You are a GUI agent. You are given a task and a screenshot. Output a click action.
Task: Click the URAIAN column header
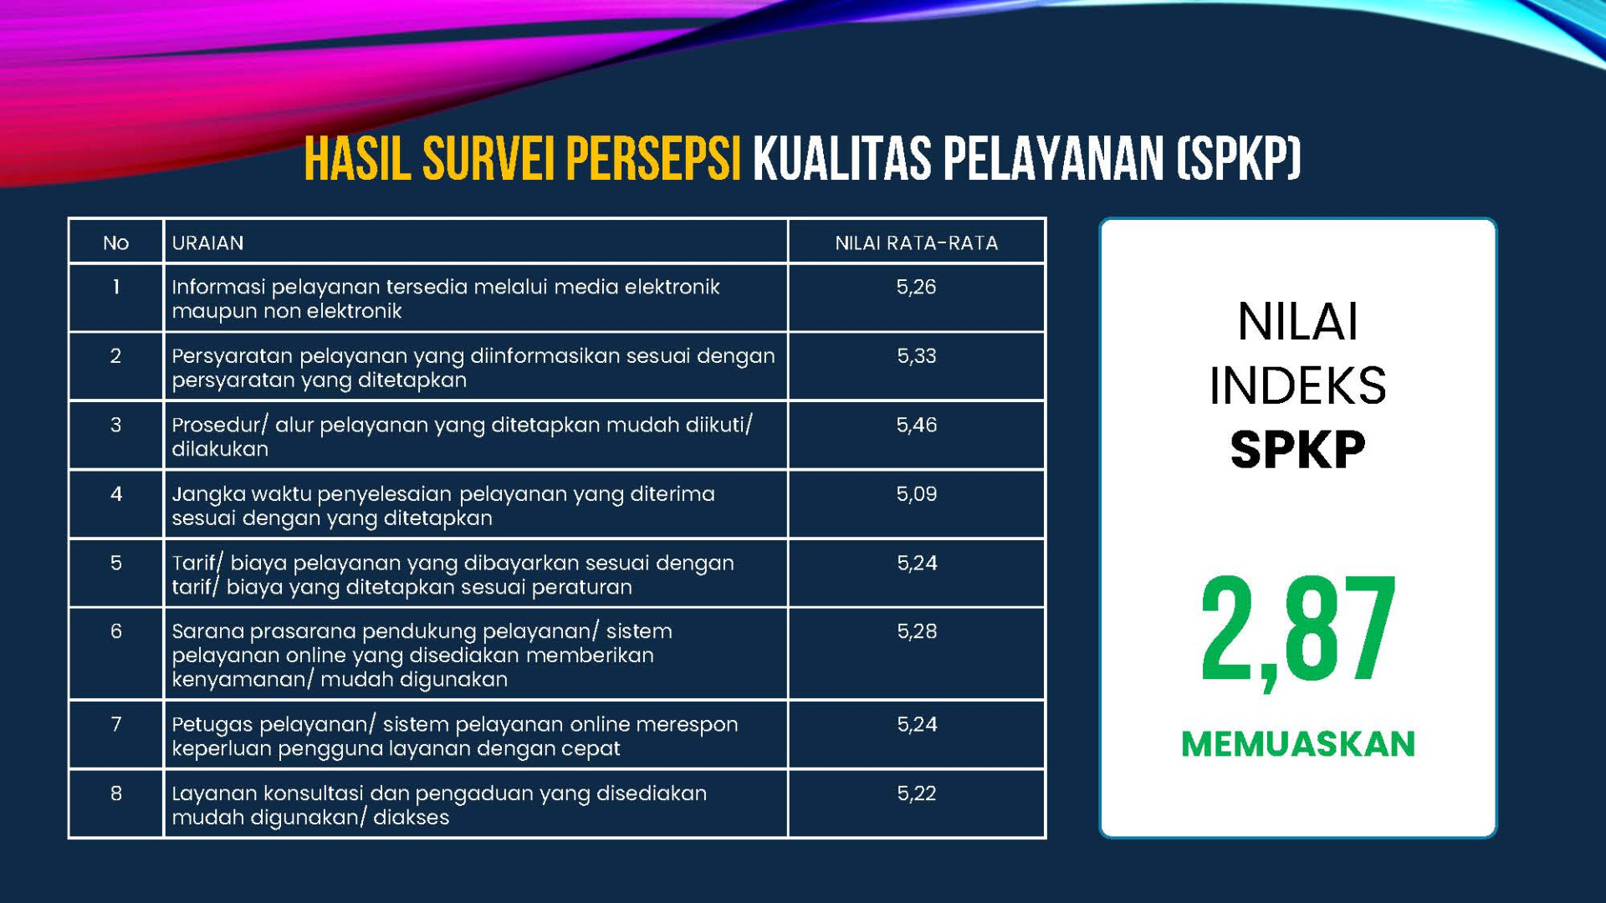tap(207, 243)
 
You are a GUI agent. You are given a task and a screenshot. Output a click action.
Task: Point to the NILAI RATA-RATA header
tap(916, 243)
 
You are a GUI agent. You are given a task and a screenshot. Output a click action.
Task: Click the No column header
tap(115, 243)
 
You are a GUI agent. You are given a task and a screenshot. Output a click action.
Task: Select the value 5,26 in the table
tap(916, 288)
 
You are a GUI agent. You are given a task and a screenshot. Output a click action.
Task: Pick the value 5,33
tap(916, 356)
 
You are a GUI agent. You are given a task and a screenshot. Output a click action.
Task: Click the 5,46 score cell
tap(916, 426)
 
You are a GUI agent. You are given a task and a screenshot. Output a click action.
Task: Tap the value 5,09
tap(916, 494)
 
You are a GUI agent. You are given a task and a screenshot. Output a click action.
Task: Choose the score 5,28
tap(916, 631)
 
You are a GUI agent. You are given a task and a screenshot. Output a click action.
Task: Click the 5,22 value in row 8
tap(916, 793)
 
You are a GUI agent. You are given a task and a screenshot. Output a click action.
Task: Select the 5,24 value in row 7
tap(916, 724)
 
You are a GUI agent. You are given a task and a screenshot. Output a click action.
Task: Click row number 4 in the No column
tap(116, 494)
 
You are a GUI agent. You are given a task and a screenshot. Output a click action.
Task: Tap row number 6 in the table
tap(116, 631)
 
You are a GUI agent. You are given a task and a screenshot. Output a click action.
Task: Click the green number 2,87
tap(1298, 631)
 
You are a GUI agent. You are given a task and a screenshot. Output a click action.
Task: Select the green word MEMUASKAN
tap(1298, 744)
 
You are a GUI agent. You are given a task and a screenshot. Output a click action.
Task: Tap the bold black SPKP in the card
tap(1298, 450)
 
